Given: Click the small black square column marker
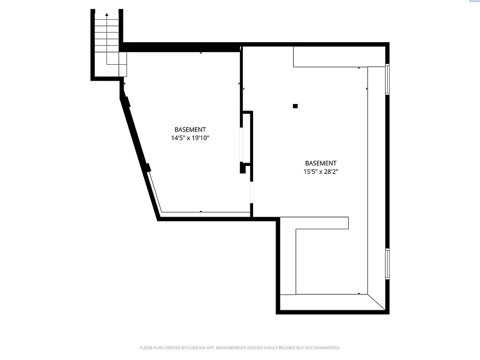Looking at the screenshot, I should point(295,106).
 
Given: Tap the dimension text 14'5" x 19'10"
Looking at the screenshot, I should point(190,138).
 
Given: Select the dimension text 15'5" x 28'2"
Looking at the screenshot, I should point(321,172).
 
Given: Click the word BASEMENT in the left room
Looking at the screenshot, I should point(190,129).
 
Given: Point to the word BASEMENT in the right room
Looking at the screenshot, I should point(321,163).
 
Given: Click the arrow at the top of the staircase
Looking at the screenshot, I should point(107,15).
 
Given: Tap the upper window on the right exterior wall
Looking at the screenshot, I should point(387,79).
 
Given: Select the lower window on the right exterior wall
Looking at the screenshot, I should point(387,264).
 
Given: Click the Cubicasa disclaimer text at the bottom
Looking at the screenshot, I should point(240,348).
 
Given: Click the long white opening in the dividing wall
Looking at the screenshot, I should point(242,143).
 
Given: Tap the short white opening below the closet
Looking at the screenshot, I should point(252,193).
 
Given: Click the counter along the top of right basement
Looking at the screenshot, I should point(339,57).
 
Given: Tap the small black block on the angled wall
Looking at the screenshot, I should point(147,167).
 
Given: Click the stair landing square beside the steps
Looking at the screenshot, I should point(123,64).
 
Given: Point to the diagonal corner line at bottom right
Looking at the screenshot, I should point(377,302).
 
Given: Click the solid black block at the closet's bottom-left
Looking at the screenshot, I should point(243,168).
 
